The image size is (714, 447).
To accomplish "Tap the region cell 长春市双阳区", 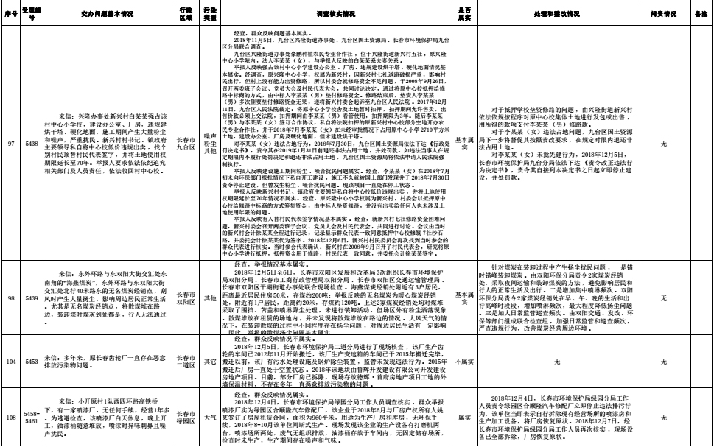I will tap(187, 300).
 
